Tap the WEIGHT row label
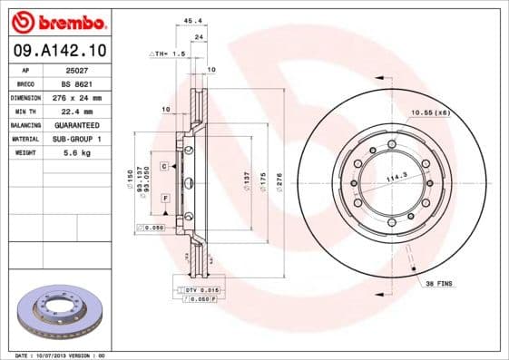(25, 152)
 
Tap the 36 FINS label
(440, 284)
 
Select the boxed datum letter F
(165, 197)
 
